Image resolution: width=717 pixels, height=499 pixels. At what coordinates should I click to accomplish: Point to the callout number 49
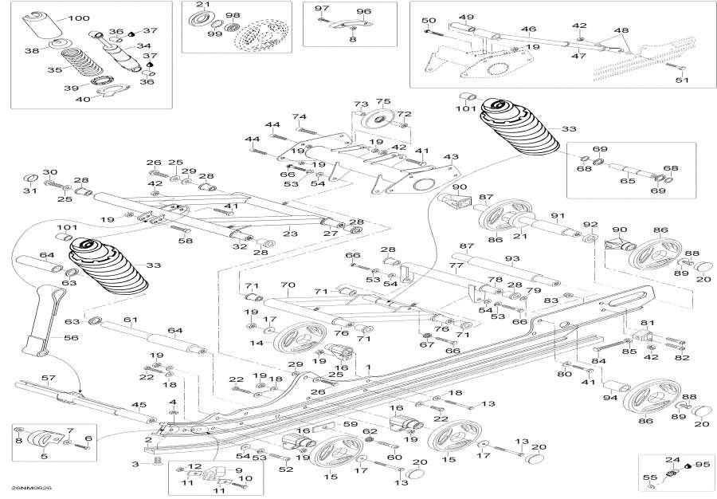tap(466, 18)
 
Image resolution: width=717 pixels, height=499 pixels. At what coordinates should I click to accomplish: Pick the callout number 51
tap(681, 80)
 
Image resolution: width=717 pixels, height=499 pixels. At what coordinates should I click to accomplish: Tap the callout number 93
tap(511, 259)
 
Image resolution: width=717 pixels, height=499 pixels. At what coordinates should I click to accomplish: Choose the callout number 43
tap(451, 157)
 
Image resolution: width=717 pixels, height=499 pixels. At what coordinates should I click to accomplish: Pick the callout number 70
tap(288, 285)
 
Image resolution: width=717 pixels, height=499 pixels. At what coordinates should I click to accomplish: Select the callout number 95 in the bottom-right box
tap(702, 464)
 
